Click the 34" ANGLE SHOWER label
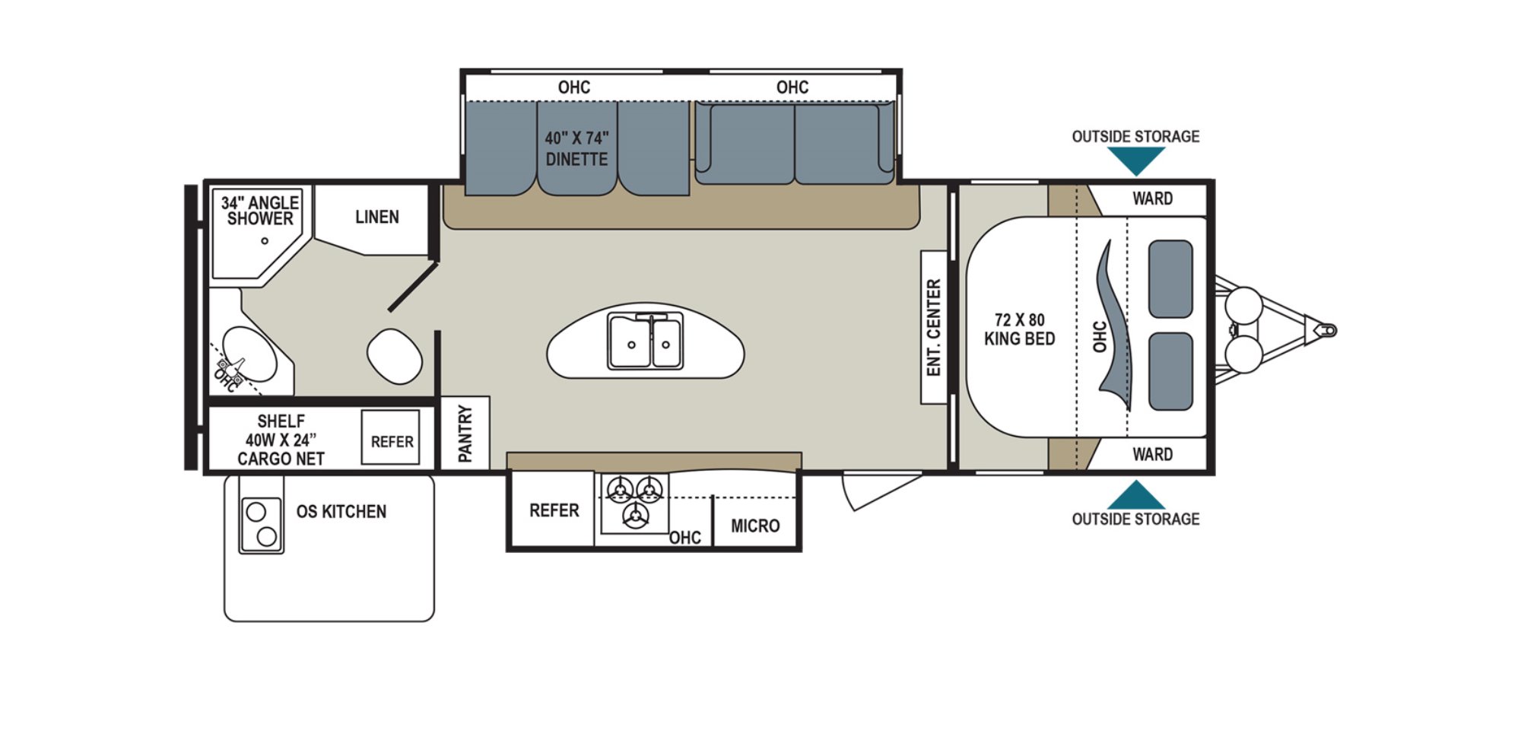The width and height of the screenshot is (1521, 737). coord(260,211)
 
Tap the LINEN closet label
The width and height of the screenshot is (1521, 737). coord(377,218)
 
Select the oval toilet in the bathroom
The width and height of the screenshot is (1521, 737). coord(394,357)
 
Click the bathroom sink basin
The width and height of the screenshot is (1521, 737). coord(250,354)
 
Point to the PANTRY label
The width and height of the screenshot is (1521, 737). coord(465,434)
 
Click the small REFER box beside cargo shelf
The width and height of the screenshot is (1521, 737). coord(391,437)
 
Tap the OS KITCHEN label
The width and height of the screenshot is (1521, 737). coord(341,512)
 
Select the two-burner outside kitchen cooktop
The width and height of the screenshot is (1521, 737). coord(262,524)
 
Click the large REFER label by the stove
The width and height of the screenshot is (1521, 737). coord(554,510)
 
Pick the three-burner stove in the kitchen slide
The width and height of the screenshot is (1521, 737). coord(634,502)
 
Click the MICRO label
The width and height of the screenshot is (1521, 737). coord(755,526)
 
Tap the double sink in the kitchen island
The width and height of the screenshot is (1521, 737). coord(645,341)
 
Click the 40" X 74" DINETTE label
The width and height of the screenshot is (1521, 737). coord(576,149)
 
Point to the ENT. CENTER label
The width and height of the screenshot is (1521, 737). coord(934,327)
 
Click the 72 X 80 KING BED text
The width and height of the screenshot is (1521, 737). coord(1020,329)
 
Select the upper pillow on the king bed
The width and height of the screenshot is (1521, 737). coord(1170,279)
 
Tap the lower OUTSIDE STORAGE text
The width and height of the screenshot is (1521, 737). coord(1135,519)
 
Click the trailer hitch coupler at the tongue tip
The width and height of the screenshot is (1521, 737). coord(1325,330)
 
